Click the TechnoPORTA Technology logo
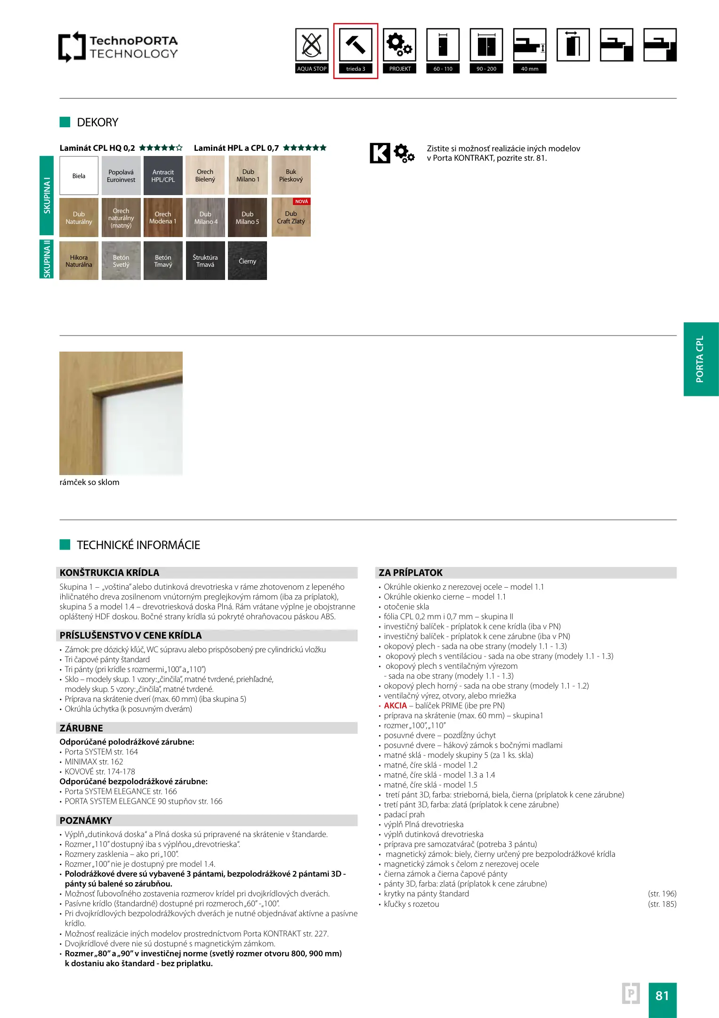118,47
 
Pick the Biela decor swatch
79,176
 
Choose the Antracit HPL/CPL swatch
163,176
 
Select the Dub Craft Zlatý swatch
291,218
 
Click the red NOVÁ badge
301,202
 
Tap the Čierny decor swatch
247,261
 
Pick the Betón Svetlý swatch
121,261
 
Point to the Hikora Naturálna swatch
79,261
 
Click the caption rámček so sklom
89,482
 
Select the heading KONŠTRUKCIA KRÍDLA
109,573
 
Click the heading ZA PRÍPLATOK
411,573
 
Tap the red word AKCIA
395,706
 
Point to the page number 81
662,995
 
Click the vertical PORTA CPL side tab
701,359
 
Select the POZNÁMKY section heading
86,821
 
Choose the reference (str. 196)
662,894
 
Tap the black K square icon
380,153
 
